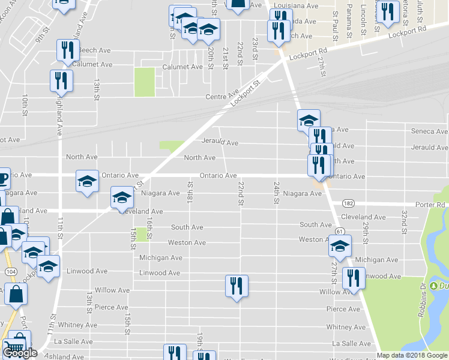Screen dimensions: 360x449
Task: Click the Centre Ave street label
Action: click(x=222, y=97)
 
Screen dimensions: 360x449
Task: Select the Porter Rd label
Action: click(x=433, y=204)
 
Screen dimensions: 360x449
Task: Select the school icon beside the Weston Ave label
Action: click(x=340, y=247)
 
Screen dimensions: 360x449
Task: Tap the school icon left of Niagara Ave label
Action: click(x=122, y=196)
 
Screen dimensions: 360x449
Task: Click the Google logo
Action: click(x=19, y=353)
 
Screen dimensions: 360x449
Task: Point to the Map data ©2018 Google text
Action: click(x=412, y=355)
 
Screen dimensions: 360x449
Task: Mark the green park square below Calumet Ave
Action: click(x=144, y=82)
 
